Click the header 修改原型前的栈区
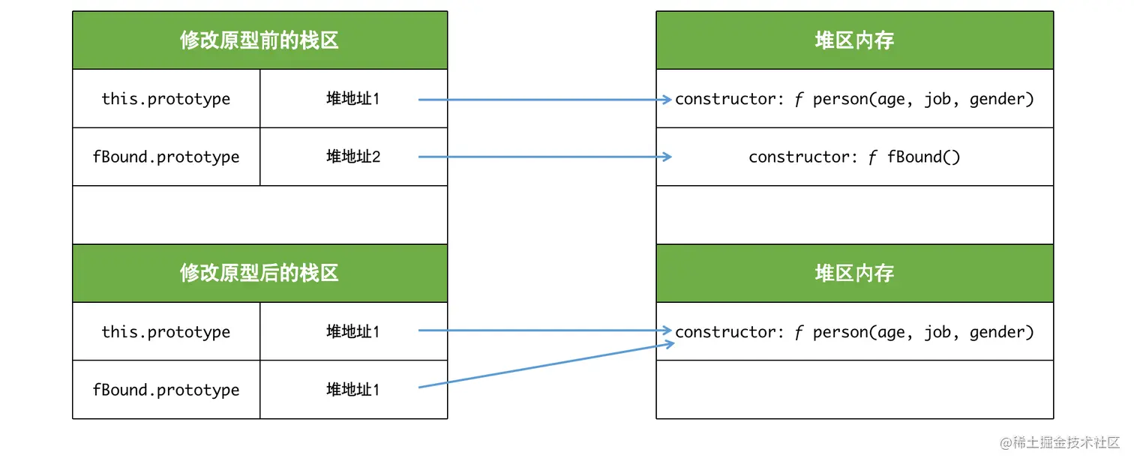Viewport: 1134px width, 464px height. tap(259, 40)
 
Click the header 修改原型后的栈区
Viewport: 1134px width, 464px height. tap(259, 273)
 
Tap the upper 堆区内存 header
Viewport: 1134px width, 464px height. tap(854, 40)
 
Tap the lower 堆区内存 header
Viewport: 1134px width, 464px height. tap(854, 273)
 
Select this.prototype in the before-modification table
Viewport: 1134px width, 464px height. tap(166, 99)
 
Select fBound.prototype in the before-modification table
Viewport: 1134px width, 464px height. tap(166, 157)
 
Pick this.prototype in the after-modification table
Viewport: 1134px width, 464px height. tap(166, 331)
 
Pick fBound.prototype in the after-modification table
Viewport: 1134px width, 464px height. tap(166, 390)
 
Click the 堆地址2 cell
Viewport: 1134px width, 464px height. tap(352, 157)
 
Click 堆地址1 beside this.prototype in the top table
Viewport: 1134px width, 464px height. tap(352, 99)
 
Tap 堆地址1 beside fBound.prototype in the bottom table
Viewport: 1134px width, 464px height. tap(352, 390)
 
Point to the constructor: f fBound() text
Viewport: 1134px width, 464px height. tap(854, 157)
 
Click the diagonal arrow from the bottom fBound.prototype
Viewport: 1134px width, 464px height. tap(544, 366)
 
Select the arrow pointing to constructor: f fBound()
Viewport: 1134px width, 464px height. tap(544, 157)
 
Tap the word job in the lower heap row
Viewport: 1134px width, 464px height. tap(937, 332)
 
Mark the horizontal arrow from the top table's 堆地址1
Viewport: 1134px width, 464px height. tap(544, 100)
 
